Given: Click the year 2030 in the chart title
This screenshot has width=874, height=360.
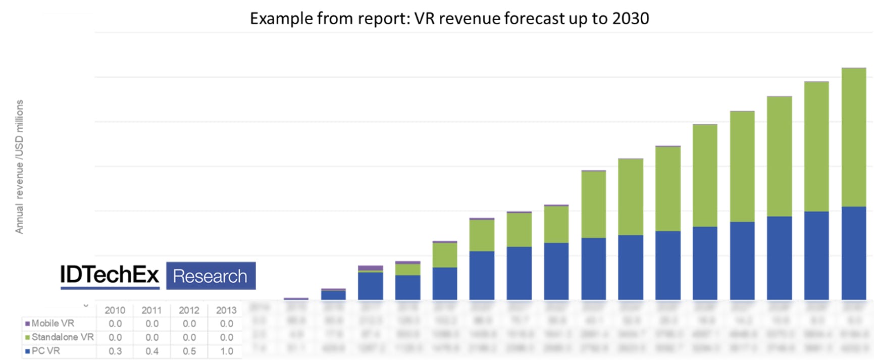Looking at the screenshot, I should [630, 18].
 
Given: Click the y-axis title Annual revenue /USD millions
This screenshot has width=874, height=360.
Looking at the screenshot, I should [20, 167].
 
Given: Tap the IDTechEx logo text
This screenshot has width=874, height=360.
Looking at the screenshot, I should [110, 275].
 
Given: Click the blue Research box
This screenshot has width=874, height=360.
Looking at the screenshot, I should [211, 276].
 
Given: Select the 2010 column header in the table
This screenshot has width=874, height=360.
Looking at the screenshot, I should [115, 310].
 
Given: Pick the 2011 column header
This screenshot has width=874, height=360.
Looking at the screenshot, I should [151, 310].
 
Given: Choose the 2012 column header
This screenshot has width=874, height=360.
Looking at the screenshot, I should [189, 310].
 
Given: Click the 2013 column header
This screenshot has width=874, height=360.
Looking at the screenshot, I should [226, 310].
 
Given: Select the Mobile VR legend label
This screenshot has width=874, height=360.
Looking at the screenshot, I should [53, 323].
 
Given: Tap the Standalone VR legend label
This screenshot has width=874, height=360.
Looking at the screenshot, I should [63, 337].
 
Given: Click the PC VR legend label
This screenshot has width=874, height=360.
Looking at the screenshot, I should [46, 350].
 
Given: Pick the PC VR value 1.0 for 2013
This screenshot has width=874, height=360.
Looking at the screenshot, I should [227, 351].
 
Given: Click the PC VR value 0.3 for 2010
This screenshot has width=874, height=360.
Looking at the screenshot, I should [115, 351].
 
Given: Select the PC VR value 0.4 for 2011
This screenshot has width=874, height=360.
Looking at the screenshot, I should [152, 351].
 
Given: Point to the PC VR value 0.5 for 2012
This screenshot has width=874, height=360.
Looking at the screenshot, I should [189, 351].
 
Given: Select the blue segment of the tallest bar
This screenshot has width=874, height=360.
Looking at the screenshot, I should [854, 253].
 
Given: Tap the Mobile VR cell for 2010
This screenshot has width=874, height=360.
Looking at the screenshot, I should [115, 324].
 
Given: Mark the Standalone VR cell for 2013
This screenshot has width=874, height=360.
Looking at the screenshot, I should [227, 337].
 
